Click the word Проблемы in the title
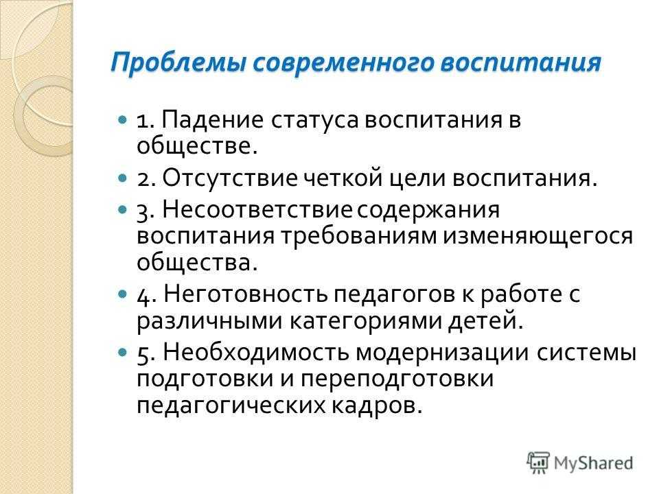click(x=178, y=63)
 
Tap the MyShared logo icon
click(x=538, y=463)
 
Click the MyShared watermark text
click(x=593, y=463)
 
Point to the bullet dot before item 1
click(x=122, y=120)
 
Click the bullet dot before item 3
click(x=122, y=209)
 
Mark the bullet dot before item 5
click(x=122, y=351)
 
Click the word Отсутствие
click(x=230, y=178)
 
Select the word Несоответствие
click(x=257, y=209)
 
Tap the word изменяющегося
click(x=537, y=237)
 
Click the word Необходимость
click(x=256, y=351)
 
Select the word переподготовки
click(x=397, y=379)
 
